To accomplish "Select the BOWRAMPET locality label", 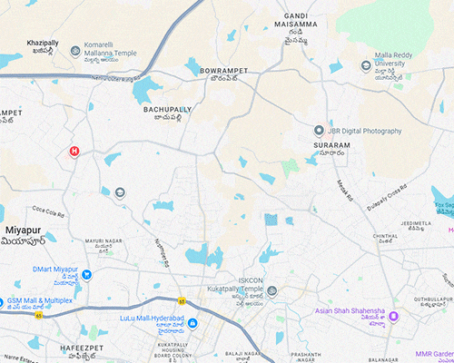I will coord(224,69).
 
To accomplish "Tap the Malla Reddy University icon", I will coord(366,65).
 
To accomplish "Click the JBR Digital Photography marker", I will coord(319,131).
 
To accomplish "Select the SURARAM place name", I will coord(332,145).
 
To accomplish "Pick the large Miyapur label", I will coord(25,231).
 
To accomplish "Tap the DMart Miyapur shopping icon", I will coord(87,274).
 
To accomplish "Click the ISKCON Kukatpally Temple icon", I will coord(271,291).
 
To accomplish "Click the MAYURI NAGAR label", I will coord(103,240).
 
